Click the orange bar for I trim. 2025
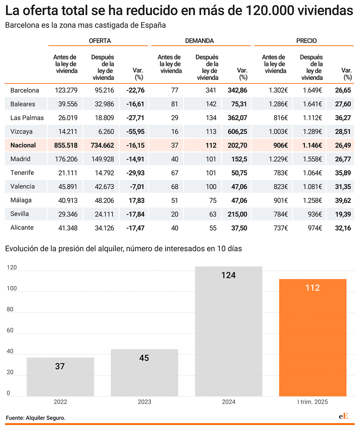click(x=313, y=338)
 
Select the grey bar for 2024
click(x=229, y=331)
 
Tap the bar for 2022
click(x=60, y=377)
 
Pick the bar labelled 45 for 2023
click(x=144, y=373)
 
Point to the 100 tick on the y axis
click(x=12, y=288)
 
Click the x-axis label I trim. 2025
click(x=313, y=402)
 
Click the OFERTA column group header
click(x=100, y=41)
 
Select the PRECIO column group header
click(x=306, y=41)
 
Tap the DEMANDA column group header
click(x=200, y=41)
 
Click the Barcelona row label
click(x=24, y=90)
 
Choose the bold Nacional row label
click(x=23, y=145)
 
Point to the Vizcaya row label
click(x=22, y=131)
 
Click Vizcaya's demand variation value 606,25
click(x=238, y=132)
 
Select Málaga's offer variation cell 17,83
click(x=137, y=201)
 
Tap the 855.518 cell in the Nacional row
click(x=66, y=145)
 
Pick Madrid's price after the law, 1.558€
click(x=312, y=159)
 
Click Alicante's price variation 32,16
click(x=343, y=228)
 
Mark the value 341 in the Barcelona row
click(x=211, y=90)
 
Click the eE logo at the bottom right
click(x=344, y=416)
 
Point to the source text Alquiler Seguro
click(x=46, y=418)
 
